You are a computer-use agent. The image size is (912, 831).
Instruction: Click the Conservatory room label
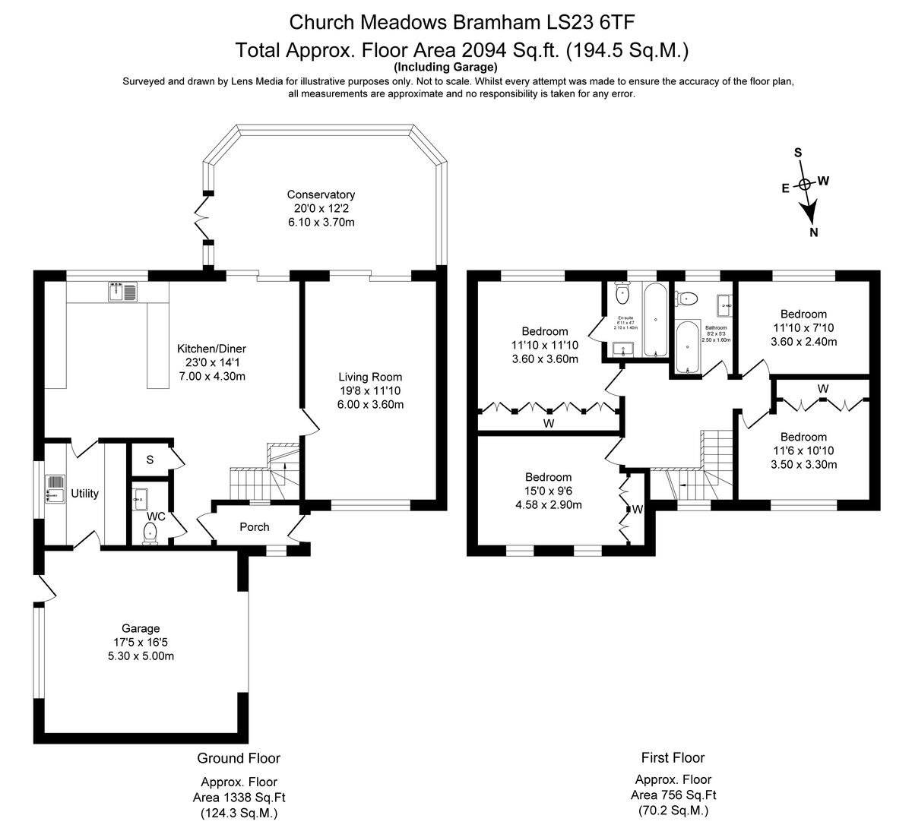321,194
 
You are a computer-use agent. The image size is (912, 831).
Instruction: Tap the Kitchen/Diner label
211,349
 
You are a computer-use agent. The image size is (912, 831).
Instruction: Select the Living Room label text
370,377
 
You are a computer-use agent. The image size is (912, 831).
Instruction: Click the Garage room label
141,628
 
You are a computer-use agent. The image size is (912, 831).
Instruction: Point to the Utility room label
84,494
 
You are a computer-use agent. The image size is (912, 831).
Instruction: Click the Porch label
255,527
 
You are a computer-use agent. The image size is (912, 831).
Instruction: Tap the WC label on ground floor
157,517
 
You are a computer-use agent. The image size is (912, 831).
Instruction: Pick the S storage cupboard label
150,460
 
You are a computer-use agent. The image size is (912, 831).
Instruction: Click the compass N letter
814,232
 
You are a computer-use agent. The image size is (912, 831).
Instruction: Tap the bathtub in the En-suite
655,321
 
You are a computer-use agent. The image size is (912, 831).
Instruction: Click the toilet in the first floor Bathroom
689,297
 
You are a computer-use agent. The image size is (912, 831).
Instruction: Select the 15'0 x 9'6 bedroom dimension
548,491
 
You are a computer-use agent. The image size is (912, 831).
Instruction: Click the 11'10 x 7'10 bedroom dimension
803,327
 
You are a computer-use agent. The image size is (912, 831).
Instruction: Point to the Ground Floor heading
239,758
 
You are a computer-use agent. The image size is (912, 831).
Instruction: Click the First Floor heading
673,757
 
